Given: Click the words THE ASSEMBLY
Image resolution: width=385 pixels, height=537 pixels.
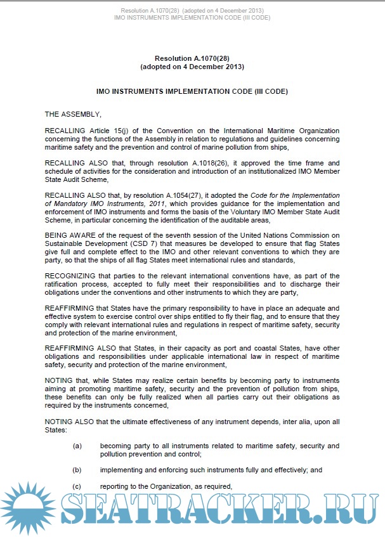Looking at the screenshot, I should [x=73, y=115].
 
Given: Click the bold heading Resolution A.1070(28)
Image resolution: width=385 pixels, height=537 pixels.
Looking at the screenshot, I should [x=192, y=58].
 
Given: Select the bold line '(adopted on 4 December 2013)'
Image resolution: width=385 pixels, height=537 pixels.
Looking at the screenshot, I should [x=192, y=67].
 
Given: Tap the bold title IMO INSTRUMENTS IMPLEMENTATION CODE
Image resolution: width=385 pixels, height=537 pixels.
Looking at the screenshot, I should [x=192, y=91].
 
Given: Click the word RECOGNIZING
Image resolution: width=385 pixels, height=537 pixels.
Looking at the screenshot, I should [x=70, y=276].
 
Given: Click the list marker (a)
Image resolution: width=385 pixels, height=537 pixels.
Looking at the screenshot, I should [x=77, y=446].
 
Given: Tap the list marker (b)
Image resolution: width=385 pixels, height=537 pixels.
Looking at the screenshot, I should [x=77, y=470].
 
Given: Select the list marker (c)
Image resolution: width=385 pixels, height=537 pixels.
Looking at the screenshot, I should [x=77, y=487].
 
